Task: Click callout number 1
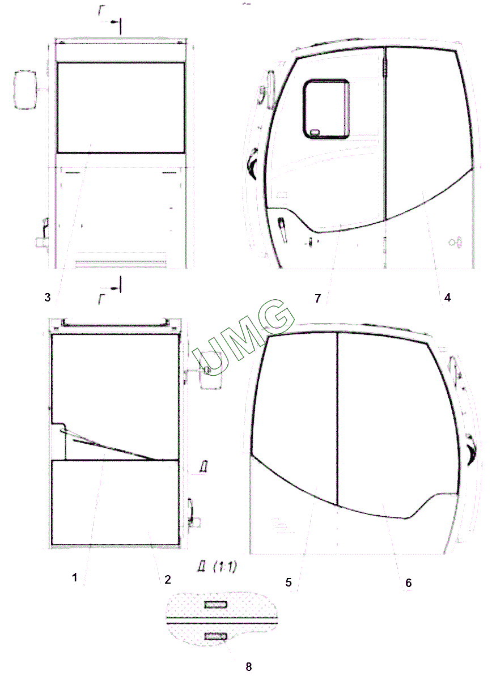(75, 577)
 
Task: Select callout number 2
(167, 579)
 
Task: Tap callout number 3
(48, 297)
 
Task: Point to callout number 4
(447, 297)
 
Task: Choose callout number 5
(288, 582)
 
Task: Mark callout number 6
(409, 583)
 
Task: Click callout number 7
(317, 298)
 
